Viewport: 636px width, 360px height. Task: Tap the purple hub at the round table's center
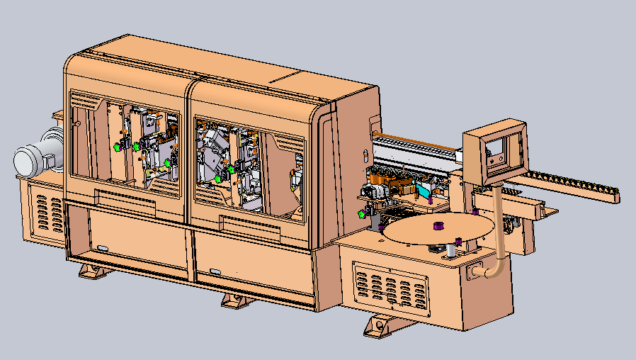(x=438, y=227)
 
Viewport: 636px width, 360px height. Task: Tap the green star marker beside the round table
(x=363, y=213)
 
